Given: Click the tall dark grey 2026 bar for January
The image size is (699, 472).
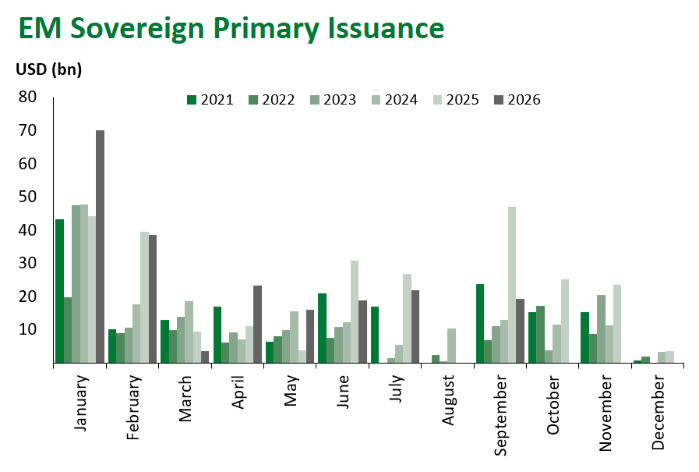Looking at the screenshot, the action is (x=100, y=247).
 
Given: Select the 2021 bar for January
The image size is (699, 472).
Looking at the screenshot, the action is (x=59, y=291).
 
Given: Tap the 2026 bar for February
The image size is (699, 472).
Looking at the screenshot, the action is (x=153, y=299).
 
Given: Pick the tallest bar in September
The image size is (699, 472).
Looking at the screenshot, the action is (x=512, y=285).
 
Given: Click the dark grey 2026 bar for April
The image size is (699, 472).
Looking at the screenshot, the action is (x=257, y=324).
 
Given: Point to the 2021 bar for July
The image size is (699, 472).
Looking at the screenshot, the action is (x=375, y=335).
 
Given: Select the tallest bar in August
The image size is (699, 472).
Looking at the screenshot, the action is (x=452, y=346).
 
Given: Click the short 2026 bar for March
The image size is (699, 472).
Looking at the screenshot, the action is (x=205, y=357).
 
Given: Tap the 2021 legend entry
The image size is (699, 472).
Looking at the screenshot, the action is (x=210, y=100).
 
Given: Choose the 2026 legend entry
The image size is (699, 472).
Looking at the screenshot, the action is (x=517, y=100).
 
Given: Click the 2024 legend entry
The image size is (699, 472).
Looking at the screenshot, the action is (x=394, y=100).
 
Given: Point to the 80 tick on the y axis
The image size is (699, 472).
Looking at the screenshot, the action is (x=27, y=97).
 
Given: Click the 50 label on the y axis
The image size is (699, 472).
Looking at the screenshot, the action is (x=27, y=197).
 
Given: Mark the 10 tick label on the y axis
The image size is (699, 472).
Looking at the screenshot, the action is (x=27, y=329).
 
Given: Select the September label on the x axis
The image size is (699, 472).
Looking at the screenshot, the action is (x=500, y=415).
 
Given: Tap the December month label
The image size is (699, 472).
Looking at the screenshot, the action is (x=658, y=413).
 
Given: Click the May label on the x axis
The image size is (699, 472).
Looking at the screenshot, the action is (x=291, y=391).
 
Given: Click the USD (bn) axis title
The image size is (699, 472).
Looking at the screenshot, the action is (x=49, y=69).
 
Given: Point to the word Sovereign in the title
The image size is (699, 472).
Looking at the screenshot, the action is (x=137, y=29).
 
